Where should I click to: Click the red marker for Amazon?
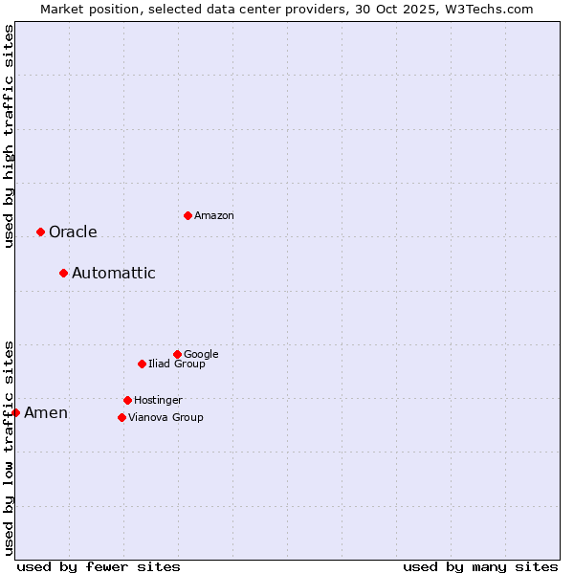tap(188, 215)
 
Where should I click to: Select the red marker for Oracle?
tap(40, 232)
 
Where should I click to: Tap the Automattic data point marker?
tap(63, 273)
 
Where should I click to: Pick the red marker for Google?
tap(177, 354)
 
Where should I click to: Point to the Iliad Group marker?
tap(142, 364)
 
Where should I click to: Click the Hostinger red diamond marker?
tap(127, 400)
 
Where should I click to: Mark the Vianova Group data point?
tap(121, 417)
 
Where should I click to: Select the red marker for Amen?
tap(15, 412)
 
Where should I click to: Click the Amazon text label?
tap(214, 215)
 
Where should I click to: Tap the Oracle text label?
tap(73, 232)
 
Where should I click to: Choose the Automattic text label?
tap(113, 273)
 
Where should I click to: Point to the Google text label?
tap(201, 354)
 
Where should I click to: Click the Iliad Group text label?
tap(177, 364)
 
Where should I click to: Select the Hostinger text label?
tap(158, 400)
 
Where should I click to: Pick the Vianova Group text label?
tap(166, 417)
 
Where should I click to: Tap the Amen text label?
tap(46, 412)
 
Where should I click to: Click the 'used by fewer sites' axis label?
tap(99, 566)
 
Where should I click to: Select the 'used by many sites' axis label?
tap(480, 566)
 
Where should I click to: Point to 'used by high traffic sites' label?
tap(9, 136)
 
